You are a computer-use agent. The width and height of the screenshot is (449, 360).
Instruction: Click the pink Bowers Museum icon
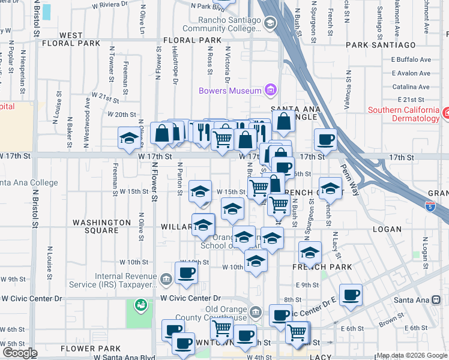pos(270,91)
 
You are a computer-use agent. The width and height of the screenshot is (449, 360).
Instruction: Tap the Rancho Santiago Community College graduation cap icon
pos(270,23)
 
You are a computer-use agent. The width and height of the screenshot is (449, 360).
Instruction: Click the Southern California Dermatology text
pos(403,115)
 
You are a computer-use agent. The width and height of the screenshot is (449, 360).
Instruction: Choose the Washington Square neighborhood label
pos(101,226)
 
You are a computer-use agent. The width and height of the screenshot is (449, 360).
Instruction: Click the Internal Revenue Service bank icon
pos(166,277)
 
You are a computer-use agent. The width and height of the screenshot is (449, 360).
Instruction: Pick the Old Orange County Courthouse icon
pos(256,313)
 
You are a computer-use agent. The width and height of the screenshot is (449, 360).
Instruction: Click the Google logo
pos(19,353)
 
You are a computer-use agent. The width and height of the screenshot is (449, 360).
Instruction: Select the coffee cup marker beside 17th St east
pos(325,140)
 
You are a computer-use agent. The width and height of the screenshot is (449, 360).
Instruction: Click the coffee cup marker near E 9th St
pos(351,295)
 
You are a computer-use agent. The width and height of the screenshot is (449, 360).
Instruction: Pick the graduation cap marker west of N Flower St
pos(127,139)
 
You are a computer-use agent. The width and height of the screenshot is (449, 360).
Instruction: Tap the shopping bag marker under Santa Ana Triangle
pos(284,122)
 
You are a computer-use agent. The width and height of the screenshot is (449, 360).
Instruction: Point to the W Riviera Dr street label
pos(110,4)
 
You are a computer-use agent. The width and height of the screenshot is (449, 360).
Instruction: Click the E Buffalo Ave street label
pos(411,60)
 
